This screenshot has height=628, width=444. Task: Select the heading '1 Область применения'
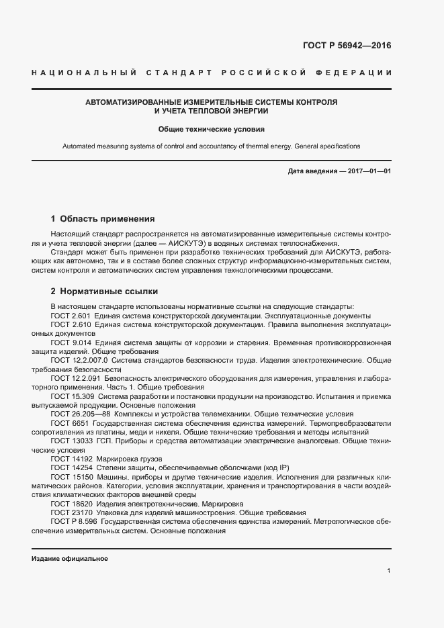(x=103, y=218)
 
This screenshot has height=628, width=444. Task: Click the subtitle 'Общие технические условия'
(x=212, y=128)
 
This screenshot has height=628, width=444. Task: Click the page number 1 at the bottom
(x=389, y=570)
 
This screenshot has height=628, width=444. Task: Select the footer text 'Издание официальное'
(x=70, y=558)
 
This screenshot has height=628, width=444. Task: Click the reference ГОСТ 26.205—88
(x=77, y=414)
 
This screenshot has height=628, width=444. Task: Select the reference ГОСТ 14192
(x=69, y=459)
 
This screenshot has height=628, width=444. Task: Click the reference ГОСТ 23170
(x=69, y=512)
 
